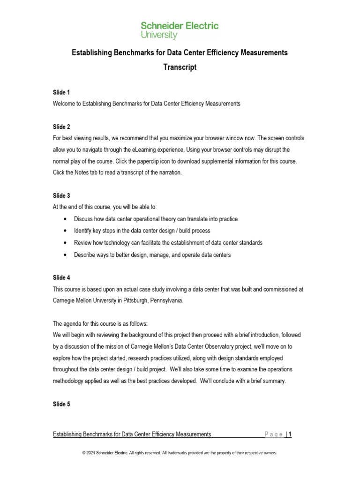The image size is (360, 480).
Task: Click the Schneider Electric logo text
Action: [x=180, y=26]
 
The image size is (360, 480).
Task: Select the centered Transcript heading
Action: [x=180, y=67]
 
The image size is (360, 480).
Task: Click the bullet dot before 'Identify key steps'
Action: [x=64, y=231]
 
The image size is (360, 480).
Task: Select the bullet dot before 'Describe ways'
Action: [x=64, y=255]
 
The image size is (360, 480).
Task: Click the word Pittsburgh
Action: [x=125, y=300]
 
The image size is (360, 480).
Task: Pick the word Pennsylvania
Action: [x=162, y=300]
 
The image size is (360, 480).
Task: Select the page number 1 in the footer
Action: [x=290, y=435]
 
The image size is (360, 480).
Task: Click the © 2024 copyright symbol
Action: [x=83, y=453]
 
